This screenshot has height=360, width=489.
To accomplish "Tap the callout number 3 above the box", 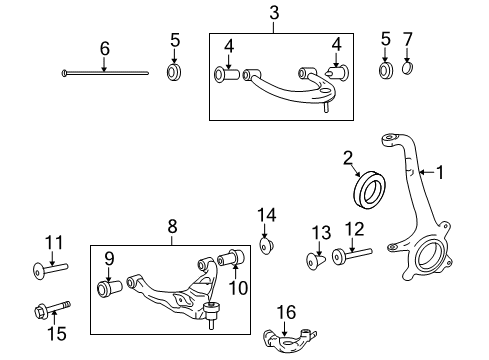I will click(x=273, y=13).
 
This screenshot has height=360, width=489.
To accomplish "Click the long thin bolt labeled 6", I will click(x=104, y=73).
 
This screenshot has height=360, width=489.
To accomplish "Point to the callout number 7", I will click(x=407, y=42).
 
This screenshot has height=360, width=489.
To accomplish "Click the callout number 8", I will click(x=171, y=228).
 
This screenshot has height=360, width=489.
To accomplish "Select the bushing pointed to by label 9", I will click(x=109, y=288).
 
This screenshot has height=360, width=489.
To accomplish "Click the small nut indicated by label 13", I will click(x=315, y=260).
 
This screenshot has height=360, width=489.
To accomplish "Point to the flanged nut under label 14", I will click(x=267, y=245).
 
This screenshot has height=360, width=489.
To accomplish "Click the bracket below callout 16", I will click(x=285, y=339).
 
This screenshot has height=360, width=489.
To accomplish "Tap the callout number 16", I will click(x=285, y=313).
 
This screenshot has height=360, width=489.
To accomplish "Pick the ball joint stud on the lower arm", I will click(x=213, y=320).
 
